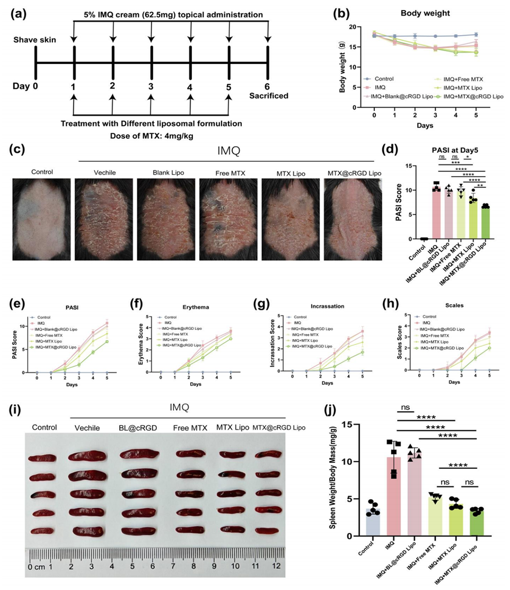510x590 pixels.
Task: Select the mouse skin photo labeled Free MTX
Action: pyautogui.click(x=228, y=219)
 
